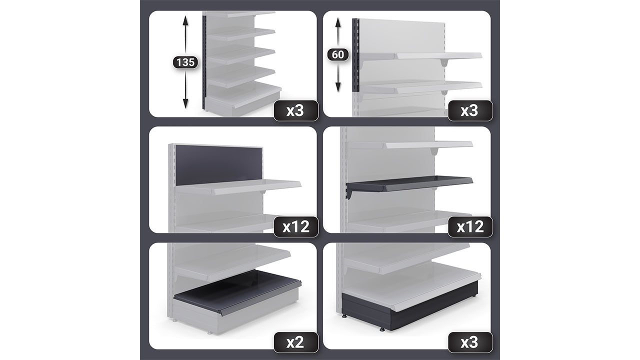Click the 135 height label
coord(185,62)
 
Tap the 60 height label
coord(338,54)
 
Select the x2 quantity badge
coord(295,342)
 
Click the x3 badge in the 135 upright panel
coord(295,110)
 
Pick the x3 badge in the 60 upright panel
coord(470,110)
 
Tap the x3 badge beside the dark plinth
coord(470,342)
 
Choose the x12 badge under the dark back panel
coord(295,226)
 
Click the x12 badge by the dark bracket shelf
coord(470,226)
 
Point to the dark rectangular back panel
coord(219,165)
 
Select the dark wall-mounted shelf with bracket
coord(409,184)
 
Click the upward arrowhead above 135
coord(185,19)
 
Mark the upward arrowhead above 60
coord(338,21)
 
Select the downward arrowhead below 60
coord(338,87)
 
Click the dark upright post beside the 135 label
coord(204,62)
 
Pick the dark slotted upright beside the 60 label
coord(355,55)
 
